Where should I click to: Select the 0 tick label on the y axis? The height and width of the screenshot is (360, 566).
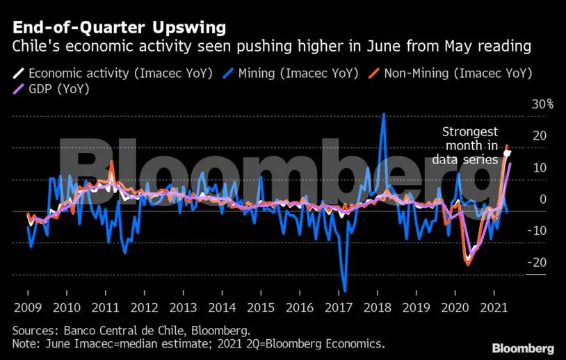click(x=543, y=199)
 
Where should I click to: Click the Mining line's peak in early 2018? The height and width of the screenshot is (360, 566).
click(x=383, y=114)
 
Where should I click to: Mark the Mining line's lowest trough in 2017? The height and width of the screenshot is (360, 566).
click(x=345, y=291)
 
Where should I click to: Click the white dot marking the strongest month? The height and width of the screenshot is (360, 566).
click(x=508, y=152)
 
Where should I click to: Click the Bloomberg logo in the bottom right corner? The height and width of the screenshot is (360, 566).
click(x=523, y=348)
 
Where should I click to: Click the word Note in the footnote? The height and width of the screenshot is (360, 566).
click(x=26, y=345)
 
